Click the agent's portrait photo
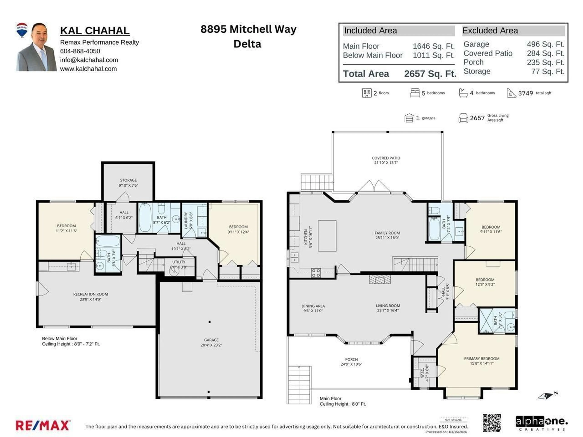pos(37,47)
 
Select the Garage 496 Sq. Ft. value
pos(545,44)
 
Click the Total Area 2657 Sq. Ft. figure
pos(430,74)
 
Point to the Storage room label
pos(128,180)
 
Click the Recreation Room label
pos(90,294)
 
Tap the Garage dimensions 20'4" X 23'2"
pos(211,345)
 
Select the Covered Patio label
pos(386,158)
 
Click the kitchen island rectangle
pos(327,236)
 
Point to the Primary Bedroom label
pos(482,359)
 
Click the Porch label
pos(351,359)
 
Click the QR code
pos(492,423)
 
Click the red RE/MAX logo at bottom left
pos(43,425)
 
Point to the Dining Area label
pos(313,306)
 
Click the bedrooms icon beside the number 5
pos(415,93)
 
